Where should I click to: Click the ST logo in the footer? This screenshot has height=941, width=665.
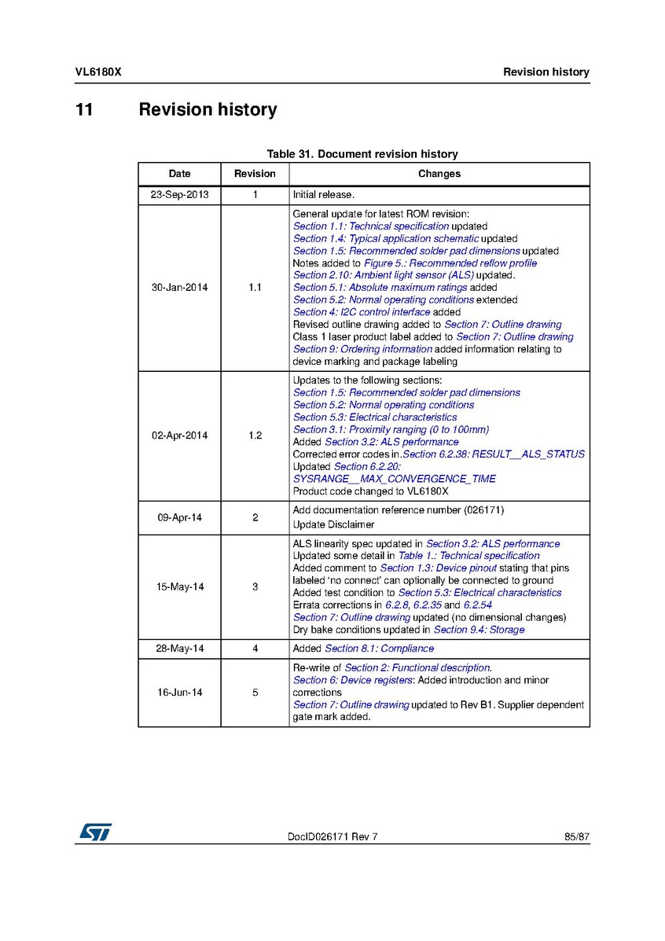[x=94, y=832]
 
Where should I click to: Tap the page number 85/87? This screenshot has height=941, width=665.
[x=576, y=837]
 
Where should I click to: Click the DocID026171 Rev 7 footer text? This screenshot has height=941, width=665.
[x=332, y=837]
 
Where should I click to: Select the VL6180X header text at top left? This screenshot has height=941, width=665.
[x=97, y=72]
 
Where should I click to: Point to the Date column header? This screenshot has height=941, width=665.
[x=179, y=174]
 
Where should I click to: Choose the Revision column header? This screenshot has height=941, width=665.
[x=255, y=174]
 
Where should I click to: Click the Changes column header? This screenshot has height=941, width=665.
[x=439, y=174]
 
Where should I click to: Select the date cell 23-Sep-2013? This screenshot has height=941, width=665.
[x=179, y=195]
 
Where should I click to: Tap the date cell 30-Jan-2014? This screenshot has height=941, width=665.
[x=179, y=288]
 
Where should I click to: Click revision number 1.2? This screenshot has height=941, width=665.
[x=255, y=436]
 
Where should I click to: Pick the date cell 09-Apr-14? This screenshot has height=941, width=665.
[x=179, y=518]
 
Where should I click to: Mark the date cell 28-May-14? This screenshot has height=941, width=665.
[x=179, y=649]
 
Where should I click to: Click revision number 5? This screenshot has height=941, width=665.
[x=255, y=693]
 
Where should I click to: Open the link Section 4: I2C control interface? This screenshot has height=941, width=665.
[x=362, y=312]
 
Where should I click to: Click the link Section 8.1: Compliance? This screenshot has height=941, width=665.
[x=379, y=649]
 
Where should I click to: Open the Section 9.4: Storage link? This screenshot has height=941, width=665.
[x=479, y=630]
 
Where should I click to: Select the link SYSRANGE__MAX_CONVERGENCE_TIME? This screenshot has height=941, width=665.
[x=395, y=479]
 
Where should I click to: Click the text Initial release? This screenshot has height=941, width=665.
[x=323, y=195]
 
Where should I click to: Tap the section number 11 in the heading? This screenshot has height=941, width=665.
[x=84, y=110]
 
